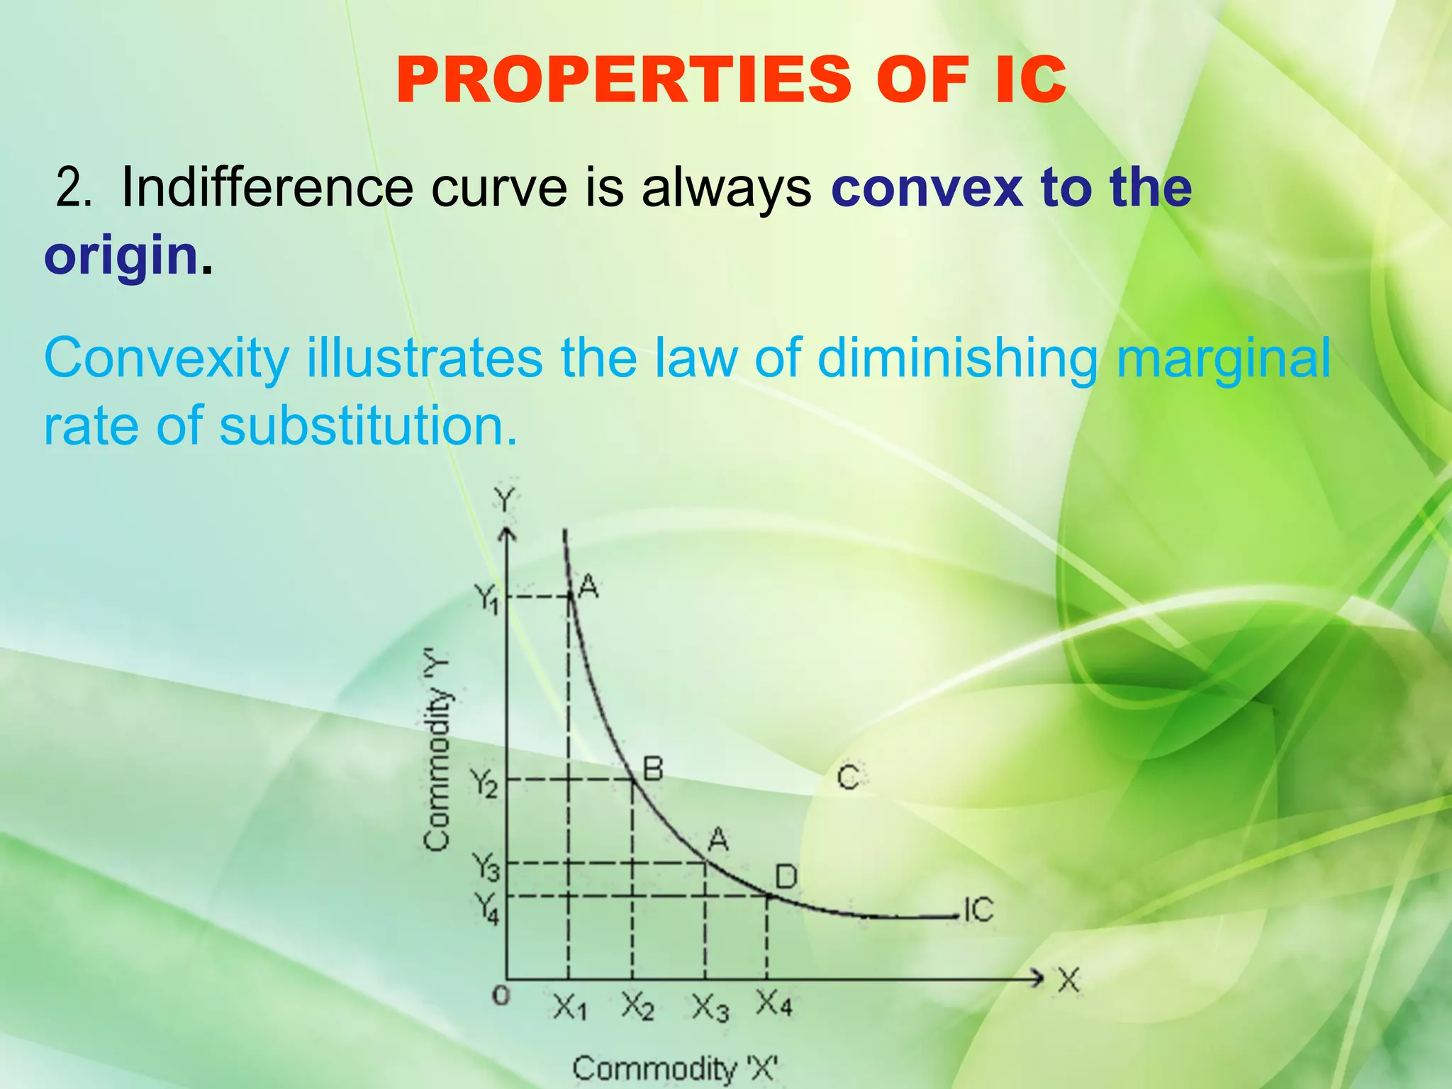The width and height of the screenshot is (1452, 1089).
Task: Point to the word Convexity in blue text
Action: [167, 359]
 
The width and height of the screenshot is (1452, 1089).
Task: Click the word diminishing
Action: [957, 358]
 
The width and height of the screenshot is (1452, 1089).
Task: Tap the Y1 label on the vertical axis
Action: [486, 600]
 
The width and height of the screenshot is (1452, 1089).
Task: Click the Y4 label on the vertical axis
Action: [486, 908]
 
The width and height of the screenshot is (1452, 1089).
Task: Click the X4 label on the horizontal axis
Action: [774, 1004]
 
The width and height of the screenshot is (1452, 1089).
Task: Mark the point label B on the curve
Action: [652, 769]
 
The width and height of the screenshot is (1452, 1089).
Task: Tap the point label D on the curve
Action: [786, 878]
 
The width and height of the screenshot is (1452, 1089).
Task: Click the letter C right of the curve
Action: [848, 777]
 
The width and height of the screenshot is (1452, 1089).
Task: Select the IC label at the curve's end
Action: [978, 910]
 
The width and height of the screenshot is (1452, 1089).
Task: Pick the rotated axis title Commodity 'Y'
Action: [437, 753]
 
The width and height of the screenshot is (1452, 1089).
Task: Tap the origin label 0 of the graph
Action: [501, 996]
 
